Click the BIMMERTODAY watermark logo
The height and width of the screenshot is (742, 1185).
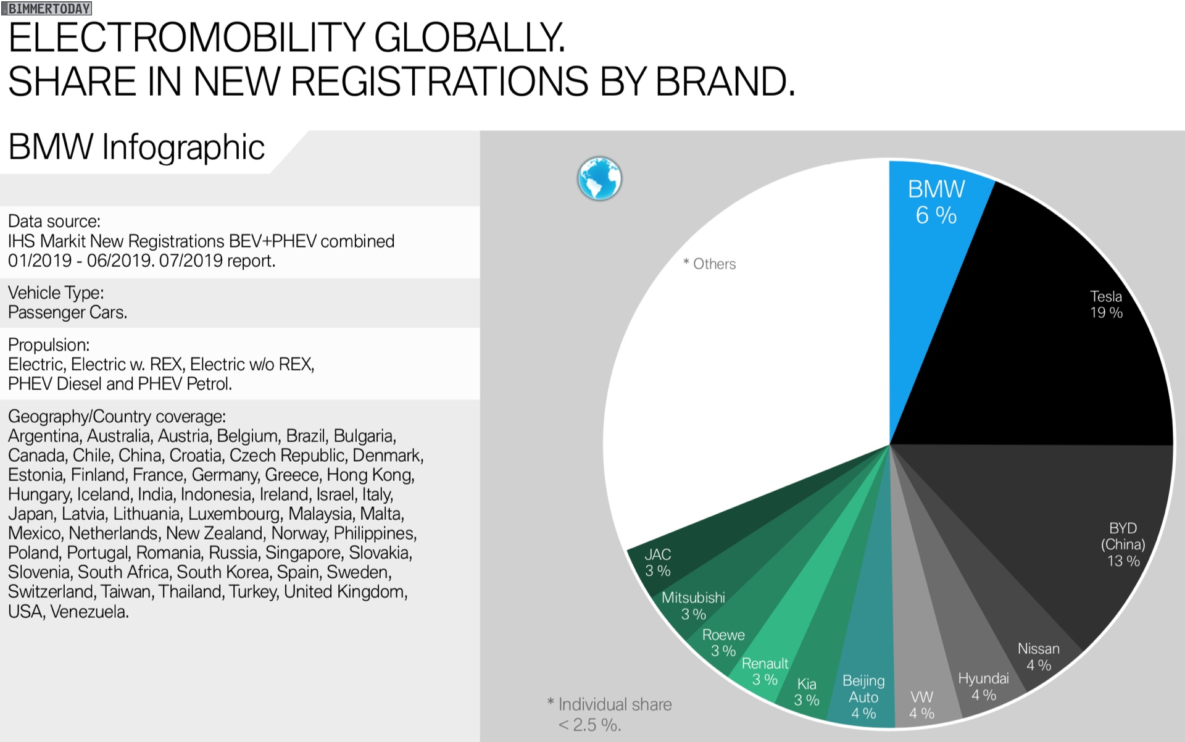click(x=47, y=9)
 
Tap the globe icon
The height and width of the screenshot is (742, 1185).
click(x=599, y=179)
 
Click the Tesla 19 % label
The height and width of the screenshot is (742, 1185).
click(x=1106, y=304)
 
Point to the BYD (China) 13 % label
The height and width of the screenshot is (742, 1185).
click(x=1123, y=544)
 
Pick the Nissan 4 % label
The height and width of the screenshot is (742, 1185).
click(x=1038, y=657)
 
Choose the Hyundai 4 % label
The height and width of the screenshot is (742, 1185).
click(x=983, y=686)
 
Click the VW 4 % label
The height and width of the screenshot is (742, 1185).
click(x=921, y=705)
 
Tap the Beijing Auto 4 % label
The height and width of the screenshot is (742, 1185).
click(x=863, y=697)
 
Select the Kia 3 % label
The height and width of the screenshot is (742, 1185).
click(x=807, y=692)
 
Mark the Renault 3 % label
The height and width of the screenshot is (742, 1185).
click(x=765, y=672)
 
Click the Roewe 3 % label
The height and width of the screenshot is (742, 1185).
click(x=723, y=643)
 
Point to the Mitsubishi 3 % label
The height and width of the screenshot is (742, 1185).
click(x=693, y=606)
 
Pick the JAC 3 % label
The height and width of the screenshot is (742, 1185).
click(x=657, y=562)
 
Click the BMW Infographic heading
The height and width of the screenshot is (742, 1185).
click(x=136, y=148)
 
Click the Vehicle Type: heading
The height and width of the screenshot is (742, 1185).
click(x=56, y=293)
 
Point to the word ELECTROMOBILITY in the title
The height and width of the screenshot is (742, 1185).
click(x=186, y=38)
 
